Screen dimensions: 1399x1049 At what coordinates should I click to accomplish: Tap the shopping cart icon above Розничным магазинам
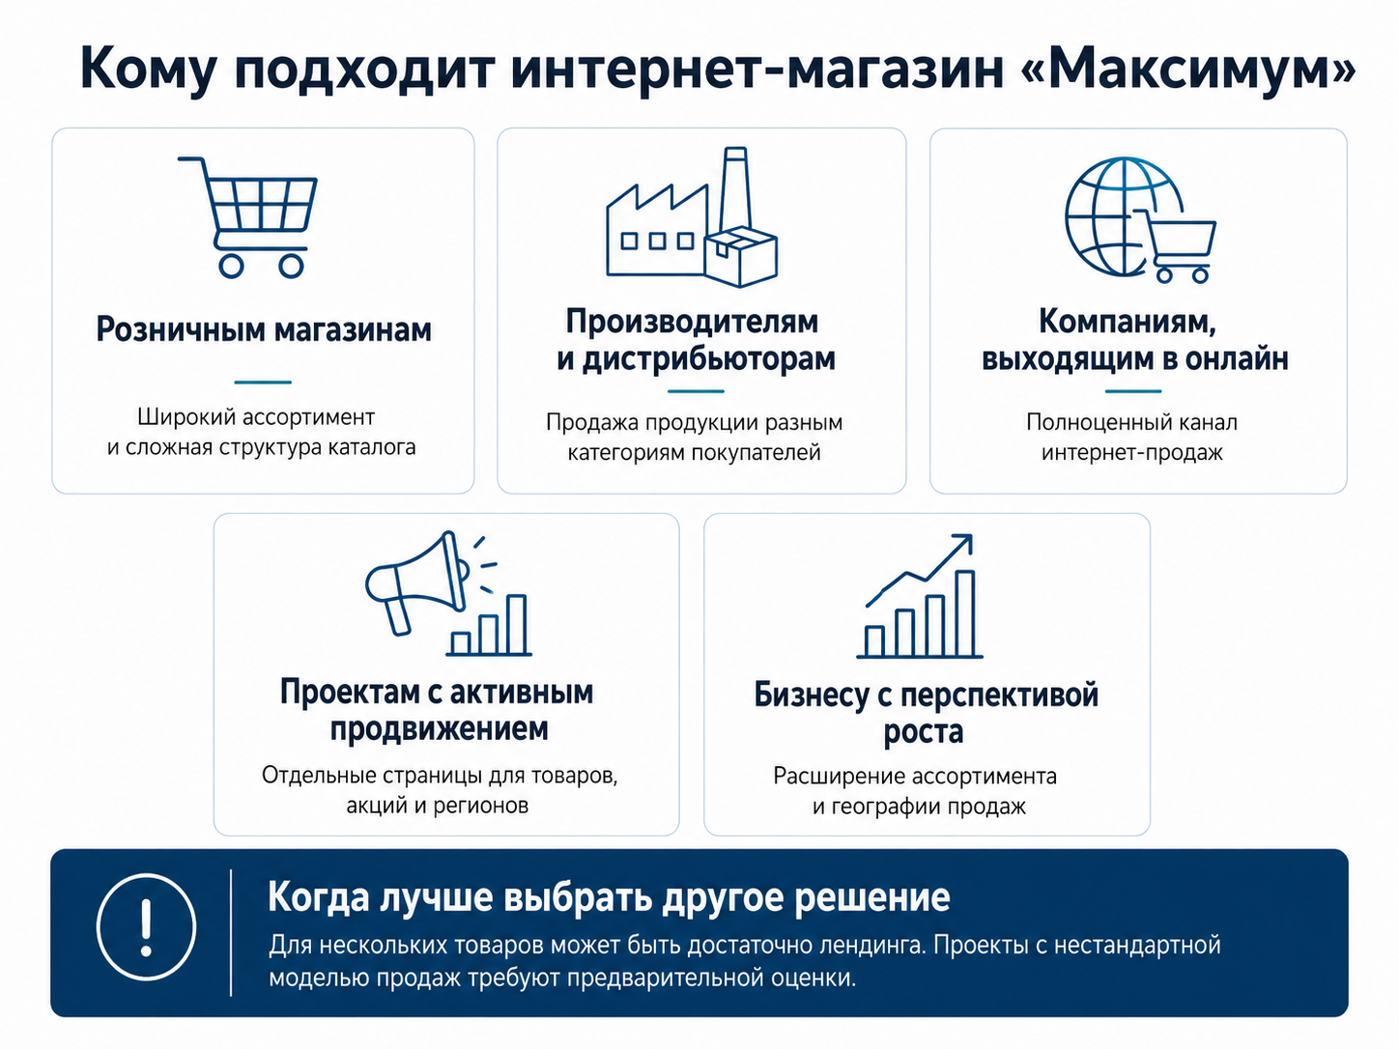click(x=248, y=217)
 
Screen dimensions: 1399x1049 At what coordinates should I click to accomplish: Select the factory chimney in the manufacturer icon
click(x=735, y=191)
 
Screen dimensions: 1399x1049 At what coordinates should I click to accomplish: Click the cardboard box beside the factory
click(x=741, y=256)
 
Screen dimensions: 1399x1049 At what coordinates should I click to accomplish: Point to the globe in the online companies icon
click(x=1106, y=216)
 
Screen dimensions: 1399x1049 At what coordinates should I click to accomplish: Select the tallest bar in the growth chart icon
click(x=965, y=613)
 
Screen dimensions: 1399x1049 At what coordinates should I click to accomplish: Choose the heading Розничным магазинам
click(x=263, y=329)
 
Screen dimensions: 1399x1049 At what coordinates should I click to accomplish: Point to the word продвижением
click(x=440, y=728)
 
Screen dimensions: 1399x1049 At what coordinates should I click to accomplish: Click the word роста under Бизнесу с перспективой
click(x=923, y=732)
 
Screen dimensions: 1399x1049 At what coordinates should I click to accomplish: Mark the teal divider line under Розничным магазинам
click(x=263, y=383)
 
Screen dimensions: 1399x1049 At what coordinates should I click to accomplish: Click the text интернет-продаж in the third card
click(x=1132, y=453)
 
